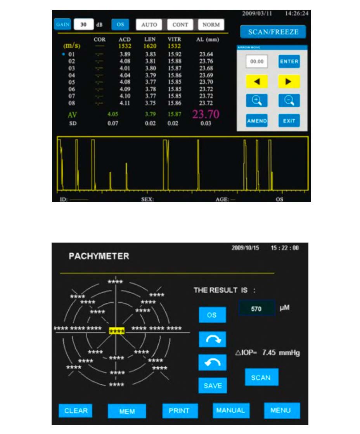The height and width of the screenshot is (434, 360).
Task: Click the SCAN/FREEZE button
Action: [x=273, y=32]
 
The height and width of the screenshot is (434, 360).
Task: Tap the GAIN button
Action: [x=62, y=24]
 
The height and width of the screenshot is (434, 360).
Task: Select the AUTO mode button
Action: [x=149, y=24]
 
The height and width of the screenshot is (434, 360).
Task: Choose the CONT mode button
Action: [x=180, y=24]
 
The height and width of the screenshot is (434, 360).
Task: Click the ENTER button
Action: [x=289, y=61]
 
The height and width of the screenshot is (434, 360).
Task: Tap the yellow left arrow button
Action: [x=256, y=81]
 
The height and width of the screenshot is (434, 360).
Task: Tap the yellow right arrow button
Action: [x=289, y=81]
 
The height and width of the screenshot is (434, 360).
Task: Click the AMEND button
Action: [x=256, y=121]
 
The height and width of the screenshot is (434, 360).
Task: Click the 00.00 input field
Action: [x=256, y=61]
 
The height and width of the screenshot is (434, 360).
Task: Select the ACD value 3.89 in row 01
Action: [x=125, y=55]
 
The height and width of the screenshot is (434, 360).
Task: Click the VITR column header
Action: [x=174, y=40]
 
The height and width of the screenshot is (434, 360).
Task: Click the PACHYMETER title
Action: [x=99, y=256]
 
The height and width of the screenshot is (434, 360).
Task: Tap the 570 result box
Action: [x=256, y=309]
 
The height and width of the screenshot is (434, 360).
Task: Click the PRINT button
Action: [x=180, y=411]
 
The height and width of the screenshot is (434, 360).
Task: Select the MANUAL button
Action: [x=231, y=411]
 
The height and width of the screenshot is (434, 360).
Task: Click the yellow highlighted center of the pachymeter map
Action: [x=117, y=331]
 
